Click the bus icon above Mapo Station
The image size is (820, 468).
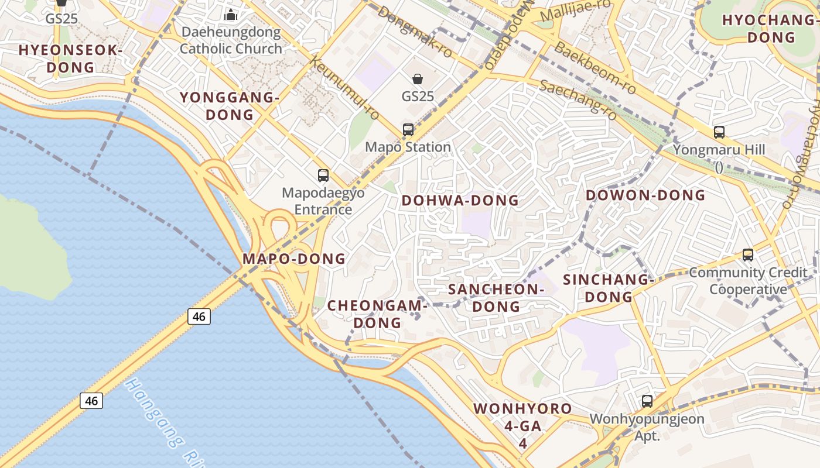click(408, 130)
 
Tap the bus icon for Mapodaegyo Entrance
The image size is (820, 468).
click(323, 175)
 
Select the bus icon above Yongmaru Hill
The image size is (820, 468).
click(719, 132)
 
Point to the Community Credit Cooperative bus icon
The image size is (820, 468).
click(748, 255)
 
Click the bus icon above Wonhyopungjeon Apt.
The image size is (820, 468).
click(647, 401)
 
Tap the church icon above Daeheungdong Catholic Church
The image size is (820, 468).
click(231, 14)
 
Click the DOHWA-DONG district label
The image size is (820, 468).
click(460, 201)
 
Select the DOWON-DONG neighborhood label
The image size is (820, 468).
click(645, 195)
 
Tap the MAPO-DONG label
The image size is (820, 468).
click(294, 259)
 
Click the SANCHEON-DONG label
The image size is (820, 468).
click(496, 298)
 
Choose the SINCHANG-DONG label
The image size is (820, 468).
click(609, 288)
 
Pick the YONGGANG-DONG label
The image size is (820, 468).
click(230, 106)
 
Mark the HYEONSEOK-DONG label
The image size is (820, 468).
click(70, 58)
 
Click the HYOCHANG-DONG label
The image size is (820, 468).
click(770, 29)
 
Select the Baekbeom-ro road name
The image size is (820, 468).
click(595, 68)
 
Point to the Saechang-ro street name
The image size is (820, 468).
click(579, 99)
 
